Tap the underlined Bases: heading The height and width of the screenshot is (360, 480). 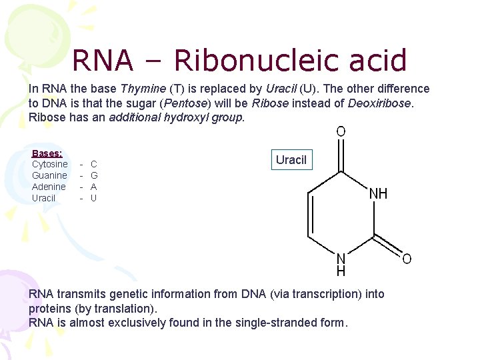click(x=47, y=153)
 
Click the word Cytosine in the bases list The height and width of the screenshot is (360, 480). click(x=49, y=164)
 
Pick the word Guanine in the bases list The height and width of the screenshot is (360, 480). click(x=49, y=175)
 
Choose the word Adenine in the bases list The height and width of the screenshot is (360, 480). click(x=49, y=187)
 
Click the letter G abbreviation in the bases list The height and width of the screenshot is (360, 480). click(x=94, y=175)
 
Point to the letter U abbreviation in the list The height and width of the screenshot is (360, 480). click(x=94, y=198)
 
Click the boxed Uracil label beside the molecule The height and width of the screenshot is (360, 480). click(x=291, y=160)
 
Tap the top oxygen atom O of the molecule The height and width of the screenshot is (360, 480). click(x=341, y=132)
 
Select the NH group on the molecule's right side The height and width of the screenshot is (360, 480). click(x=378, y=195)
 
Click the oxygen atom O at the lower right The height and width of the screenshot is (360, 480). click(x=407, y=259)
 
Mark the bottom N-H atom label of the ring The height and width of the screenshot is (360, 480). click(x=341, y=264)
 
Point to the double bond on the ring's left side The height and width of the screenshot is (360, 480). click(x=309, y=213)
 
